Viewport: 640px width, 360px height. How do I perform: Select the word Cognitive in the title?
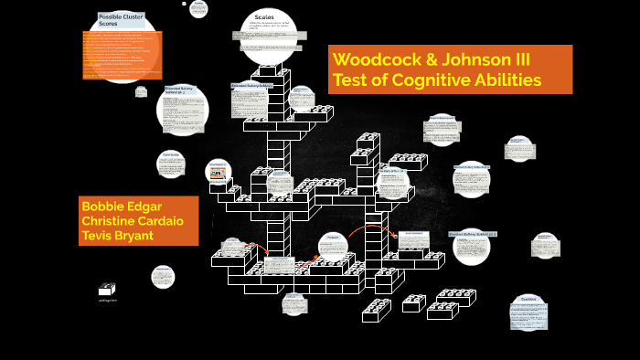point(439,80)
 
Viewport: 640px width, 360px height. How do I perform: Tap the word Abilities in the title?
point(508,80)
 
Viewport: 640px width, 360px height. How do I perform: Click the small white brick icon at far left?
point(107,289)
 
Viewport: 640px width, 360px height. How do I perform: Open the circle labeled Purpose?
point(330,244)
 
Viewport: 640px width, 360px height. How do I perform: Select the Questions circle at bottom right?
point(528,311)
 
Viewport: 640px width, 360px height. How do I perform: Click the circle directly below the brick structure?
point(294,303)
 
